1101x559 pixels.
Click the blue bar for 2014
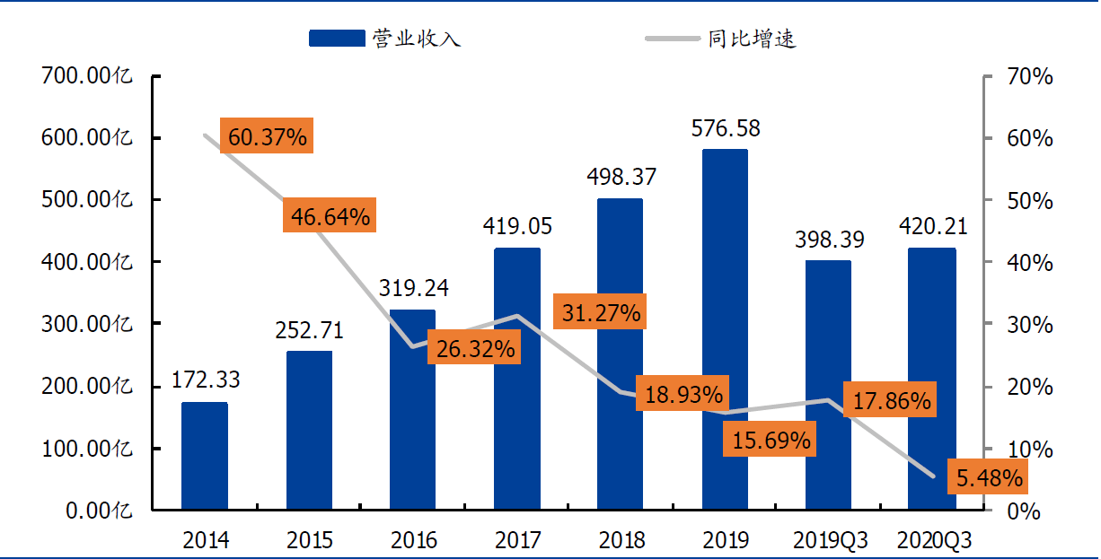click(x=205, y=456)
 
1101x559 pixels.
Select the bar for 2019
click(x=725, y=329)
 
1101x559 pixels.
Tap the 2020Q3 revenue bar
click(x=932, y=379)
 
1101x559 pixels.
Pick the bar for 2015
click(x=309, y=431)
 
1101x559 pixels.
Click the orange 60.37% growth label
click(x=267, y=135)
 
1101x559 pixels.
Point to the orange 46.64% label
click(x=330, y=215)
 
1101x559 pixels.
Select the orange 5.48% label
click(x=989, y=476)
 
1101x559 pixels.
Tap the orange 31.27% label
click(x=600, y=311)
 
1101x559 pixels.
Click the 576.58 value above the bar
click(x=726, y=128)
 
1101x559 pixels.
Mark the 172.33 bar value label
click(x=206, y=380)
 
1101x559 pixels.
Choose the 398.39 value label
click(x=830, y=240)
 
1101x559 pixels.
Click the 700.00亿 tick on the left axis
click(x=87, y=75)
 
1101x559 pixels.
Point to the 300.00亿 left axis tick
click(x=87, y=324)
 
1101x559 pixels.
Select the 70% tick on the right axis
click(x=1030, y=76)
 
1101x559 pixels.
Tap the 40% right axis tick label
click(x=1030, y=263)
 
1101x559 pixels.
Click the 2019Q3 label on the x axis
click(x=830, y=540)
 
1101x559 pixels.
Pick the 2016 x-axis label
click(x=414, y=540)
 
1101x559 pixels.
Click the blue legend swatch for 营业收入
click(x=337, y=39)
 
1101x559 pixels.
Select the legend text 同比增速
click(x=752, y=39)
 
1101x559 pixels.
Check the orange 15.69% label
click(x=770, y=439)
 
